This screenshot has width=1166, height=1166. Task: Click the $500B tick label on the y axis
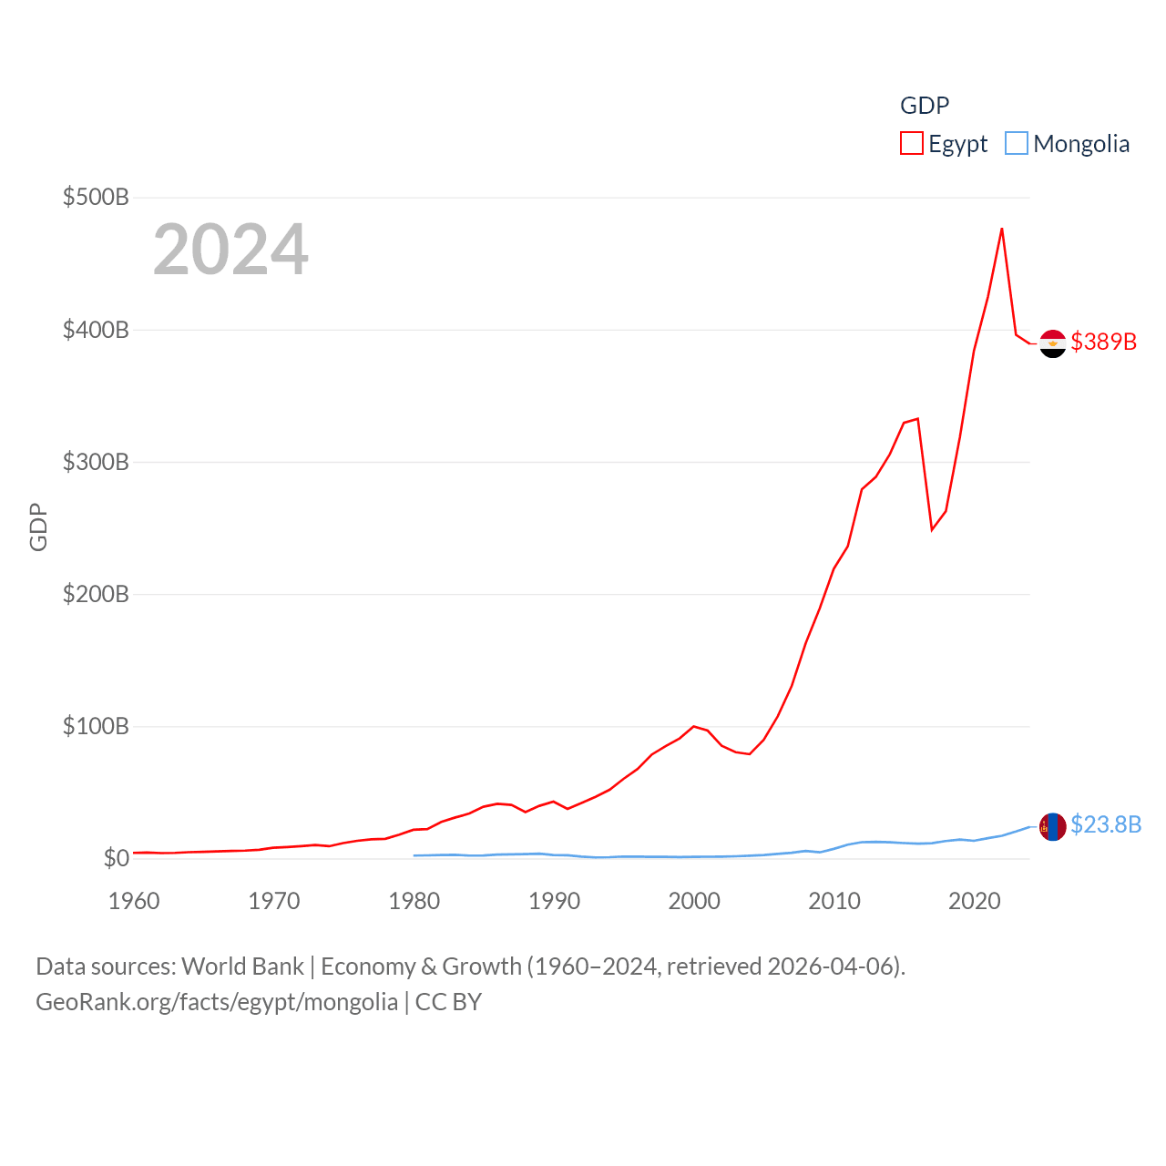pos(96,197)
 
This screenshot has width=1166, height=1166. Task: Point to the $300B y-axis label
pos(96,462)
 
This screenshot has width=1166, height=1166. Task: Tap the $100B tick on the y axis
pos(96,726)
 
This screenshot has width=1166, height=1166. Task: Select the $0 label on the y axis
pos(116,858)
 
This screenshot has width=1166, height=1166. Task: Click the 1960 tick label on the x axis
pos(134,901)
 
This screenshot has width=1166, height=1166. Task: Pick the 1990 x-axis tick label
pos(554,901)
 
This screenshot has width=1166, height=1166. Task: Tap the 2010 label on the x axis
pos(834,901)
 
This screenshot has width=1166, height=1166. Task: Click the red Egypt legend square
pos(912,144)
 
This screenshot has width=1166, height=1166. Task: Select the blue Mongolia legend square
pos(1017,144)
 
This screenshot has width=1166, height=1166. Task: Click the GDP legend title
pos(925,106)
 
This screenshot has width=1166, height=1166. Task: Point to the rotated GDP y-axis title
pos(38,527)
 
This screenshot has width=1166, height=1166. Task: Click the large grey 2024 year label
pos(230,250)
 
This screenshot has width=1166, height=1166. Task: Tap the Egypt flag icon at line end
pos(1053,343)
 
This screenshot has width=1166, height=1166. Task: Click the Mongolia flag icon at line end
pos(1053,826)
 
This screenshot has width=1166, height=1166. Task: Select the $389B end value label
pos(1104,342)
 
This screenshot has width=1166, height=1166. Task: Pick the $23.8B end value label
pos(1106,824)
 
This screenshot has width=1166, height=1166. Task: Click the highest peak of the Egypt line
pos(1002,229)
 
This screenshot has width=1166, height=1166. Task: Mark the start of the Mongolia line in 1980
pos(414,855)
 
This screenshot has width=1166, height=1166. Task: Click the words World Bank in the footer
pos(243,966)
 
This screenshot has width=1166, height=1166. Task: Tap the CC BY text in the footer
pos(448,1002)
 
